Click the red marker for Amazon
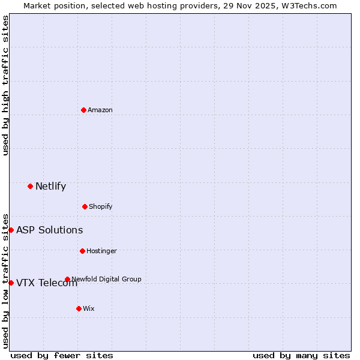coord(83,110)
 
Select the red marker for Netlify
coord(30,186)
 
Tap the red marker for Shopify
coord(85,206)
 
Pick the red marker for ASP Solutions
coord(11,230)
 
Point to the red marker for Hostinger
coord(82,251)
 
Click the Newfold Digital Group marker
coord(67,279)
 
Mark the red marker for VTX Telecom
coord(11,283)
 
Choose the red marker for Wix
coord(79,308)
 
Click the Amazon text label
coord(100,110)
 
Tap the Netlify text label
coord(50,186)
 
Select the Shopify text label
coord(101,206)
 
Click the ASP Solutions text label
coord(49,230)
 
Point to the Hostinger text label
coord(101,251)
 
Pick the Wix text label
coord(89,308)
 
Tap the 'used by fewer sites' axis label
coord(62,355)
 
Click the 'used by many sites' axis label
coord(301,355)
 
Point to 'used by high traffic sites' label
coord(5,85)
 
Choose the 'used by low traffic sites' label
coord(5,280)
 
